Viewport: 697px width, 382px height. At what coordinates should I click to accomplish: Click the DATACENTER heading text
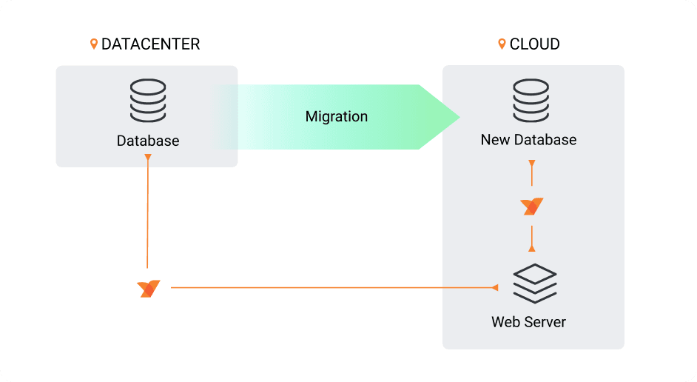(150, 44)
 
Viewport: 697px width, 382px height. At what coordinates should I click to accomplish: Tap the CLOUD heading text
(534, 44)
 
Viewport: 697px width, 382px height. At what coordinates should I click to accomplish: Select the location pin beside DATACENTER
(94, 44)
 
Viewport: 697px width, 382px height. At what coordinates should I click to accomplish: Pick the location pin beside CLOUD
(502, 44)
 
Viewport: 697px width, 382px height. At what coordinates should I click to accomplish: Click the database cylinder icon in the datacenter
(148, 101)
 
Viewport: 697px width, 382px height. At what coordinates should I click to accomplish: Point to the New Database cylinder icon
(531, 101)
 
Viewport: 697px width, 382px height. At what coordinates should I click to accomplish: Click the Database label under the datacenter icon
(148, 141)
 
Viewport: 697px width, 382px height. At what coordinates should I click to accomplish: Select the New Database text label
(528, 140)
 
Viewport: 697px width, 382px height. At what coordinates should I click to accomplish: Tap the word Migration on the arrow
(337, 117)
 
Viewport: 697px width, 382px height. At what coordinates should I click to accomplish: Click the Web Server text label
(528, 322)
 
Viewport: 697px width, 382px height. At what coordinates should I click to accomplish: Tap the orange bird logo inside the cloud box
(532, 207)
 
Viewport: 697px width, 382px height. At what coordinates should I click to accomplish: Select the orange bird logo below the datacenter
(149, 289)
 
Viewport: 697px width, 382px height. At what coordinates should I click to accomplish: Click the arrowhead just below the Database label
(148, 158)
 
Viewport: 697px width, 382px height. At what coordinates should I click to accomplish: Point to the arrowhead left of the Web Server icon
(495, 287)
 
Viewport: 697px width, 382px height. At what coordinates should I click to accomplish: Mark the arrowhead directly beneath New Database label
(532, 162)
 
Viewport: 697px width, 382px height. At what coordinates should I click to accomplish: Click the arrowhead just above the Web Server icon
(532, 248)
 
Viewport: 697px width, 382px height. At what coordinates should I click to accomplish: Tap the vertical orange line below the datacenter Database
(148, 215)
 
